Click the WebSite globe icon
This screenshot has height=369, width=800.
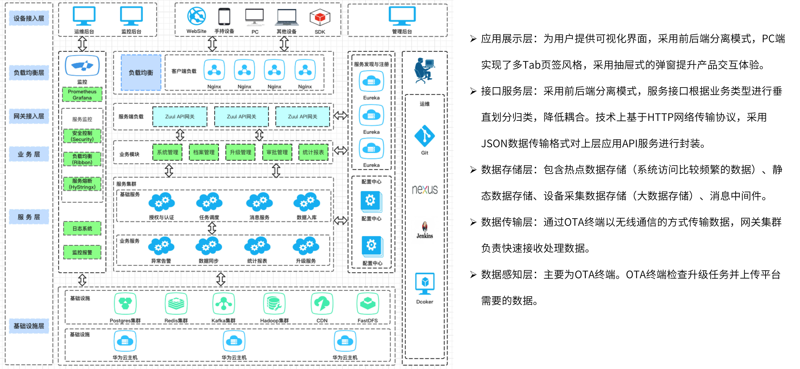(x=196, y=16)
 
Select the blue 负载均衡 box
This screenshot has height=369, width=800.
(x=141, y=72)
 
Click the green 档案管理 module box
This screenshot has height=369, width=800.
(x=204, y=152)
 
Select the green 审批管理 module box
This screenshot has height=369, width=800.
(x=277, y=152)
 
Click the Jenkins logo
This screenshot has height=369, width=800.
(x=425, y=230)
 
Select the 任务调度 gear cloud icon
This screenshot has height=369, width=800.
(x=209, y=202)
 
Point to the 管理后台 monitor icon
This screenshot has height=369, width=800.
(x=402, y=16)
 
